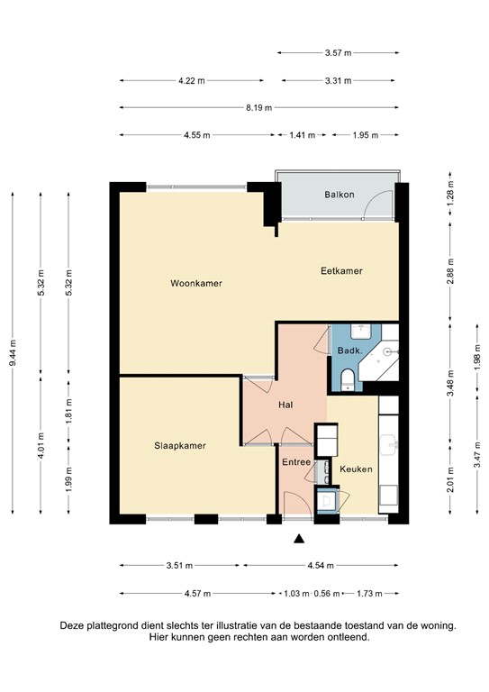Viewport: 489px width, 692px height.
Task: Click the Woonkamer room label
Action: (x=196, y=283)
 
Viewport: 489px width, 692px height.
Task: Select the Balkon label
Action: (x=340, y=195)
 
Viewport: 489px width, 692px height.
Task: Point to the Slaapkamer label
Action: (x=179, y=445)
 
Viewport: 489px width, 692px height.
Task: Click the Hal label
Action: (x=285, y=405)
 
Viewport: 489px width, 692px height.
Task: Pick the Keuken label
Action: (x=356, y=469)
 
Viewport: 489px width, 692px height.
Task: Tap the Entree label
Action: (x=296, y=462)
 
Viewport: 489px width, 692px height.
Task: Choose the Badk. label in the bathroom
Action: (x=349, y=351)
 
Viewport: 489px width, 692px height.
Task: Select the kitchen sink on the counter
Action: (x=388, y=442)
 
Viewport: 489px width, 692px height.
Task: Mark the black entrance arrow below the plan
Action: (x=298, y=540)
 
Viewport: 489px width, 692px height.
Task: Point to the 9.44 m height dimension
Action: (x=13, y=353)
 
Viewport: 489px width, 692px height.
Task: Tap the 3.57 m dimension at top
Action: (x=339, y=52)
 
